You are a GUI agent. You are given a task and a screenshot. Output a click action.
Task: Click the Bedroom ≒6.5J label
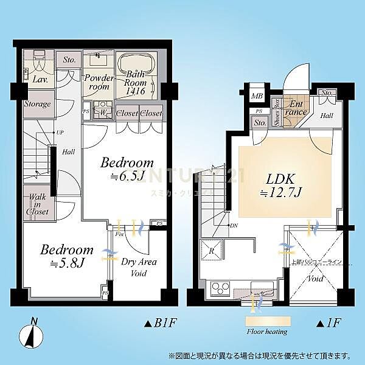127,170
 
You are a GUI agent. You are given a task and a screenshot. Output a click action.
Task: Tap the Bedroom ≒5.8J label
67,256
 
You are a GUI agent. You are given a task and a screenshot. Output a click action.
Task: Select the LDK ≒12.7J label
281,186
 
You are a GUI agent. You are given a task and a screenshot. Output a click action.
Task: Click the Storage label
37,104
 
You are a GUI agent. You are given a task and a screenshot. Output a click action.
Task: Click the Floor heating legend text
267,332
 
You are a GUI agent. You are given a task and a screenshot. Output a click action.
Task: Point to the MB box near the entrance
257,96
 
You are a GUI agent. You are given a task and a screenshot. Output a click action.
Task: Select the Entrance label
296,108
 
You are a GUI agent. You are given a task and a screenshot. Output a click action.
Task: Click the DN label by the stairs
233,226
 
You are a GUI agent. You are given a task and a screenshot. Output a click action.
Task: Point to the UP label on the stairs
60,132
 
